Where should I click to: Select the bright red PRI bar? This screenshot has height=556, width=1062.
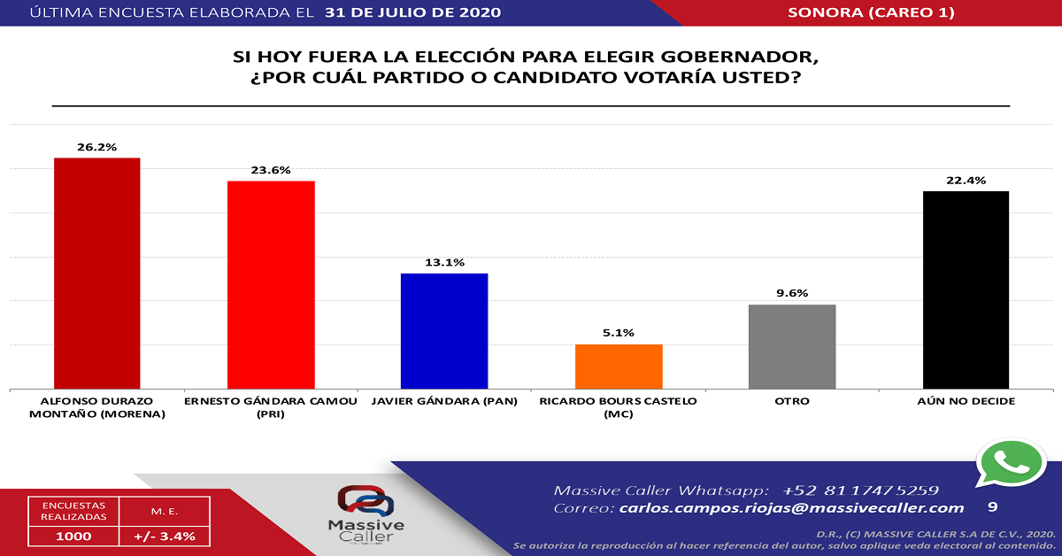pyautogui.click(x=271, y=284)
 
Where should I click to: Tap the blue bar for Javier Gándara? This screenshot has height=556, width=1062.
pyautogui.click(x=444, y=330)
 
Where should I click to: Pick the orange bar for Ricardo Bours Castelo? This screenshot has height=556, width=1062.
pyautogui.click(x=619, y=366)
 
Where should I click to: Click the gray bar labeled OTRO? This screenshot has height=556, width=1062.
pyautogui.click(x=792, y=346)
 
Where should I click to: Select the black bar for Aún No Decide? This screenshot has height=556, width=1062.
pyautogui.click(x=966, y=290)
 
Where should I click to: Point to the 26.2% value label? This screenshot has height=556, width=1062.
pyautogui.click(x=97, y=147)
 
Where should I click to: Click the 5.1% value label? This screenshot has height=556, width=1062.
pyautogui.click(x=619, y=334)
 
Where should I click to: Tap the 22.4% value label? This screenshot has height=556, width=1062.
pyautogui.click(x=966, y=181)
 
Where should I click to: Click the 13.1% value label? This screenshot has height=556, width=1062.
pyautogui.click(x=444, y=263)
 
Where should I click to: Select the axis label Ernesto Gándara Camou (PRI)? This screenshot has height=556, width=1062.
pyautogui.click(x=271, y=407)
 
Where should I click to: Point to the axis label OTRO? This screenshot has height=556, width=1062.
pyautogui.click(x=792, y=402)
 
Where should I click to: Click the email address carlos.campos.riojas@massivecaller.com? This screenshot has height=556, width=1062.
pyautogui.click(x=791, y=508)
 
